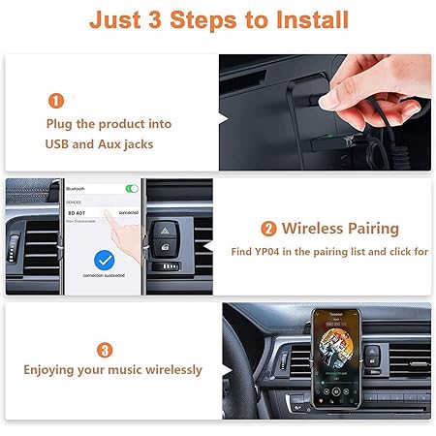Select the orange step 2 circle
[x=268, y=230]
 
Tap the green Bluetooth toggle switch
[x=132, y=188]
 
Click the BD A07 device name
[x=78, y=210]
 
